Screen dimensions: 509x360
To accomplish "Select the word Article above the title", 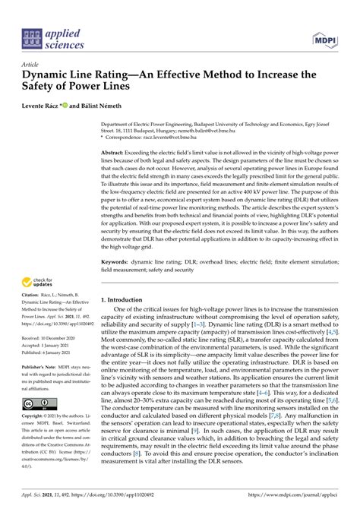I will click(x=32, y=65).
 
